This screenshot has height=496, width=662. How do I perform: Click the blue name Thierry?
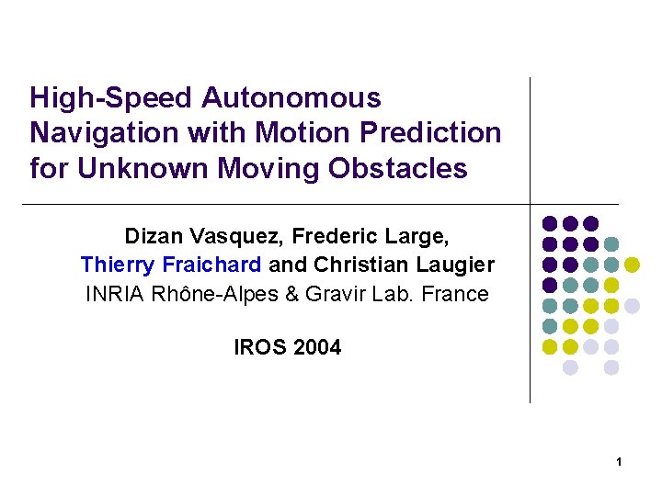118,265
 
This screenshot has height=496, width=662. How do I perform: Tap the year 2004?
317,347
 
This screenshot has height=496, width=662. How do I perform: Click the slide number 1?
620,462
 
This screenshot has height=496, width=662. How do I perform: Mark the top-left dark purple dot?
550,223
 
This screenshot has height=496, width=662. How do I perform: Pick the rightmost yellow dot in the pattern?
633,265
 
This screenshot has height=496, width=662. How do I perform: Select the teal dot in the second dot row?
611,244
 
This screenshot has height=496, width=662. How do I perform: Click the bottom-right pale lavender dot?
611,367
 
